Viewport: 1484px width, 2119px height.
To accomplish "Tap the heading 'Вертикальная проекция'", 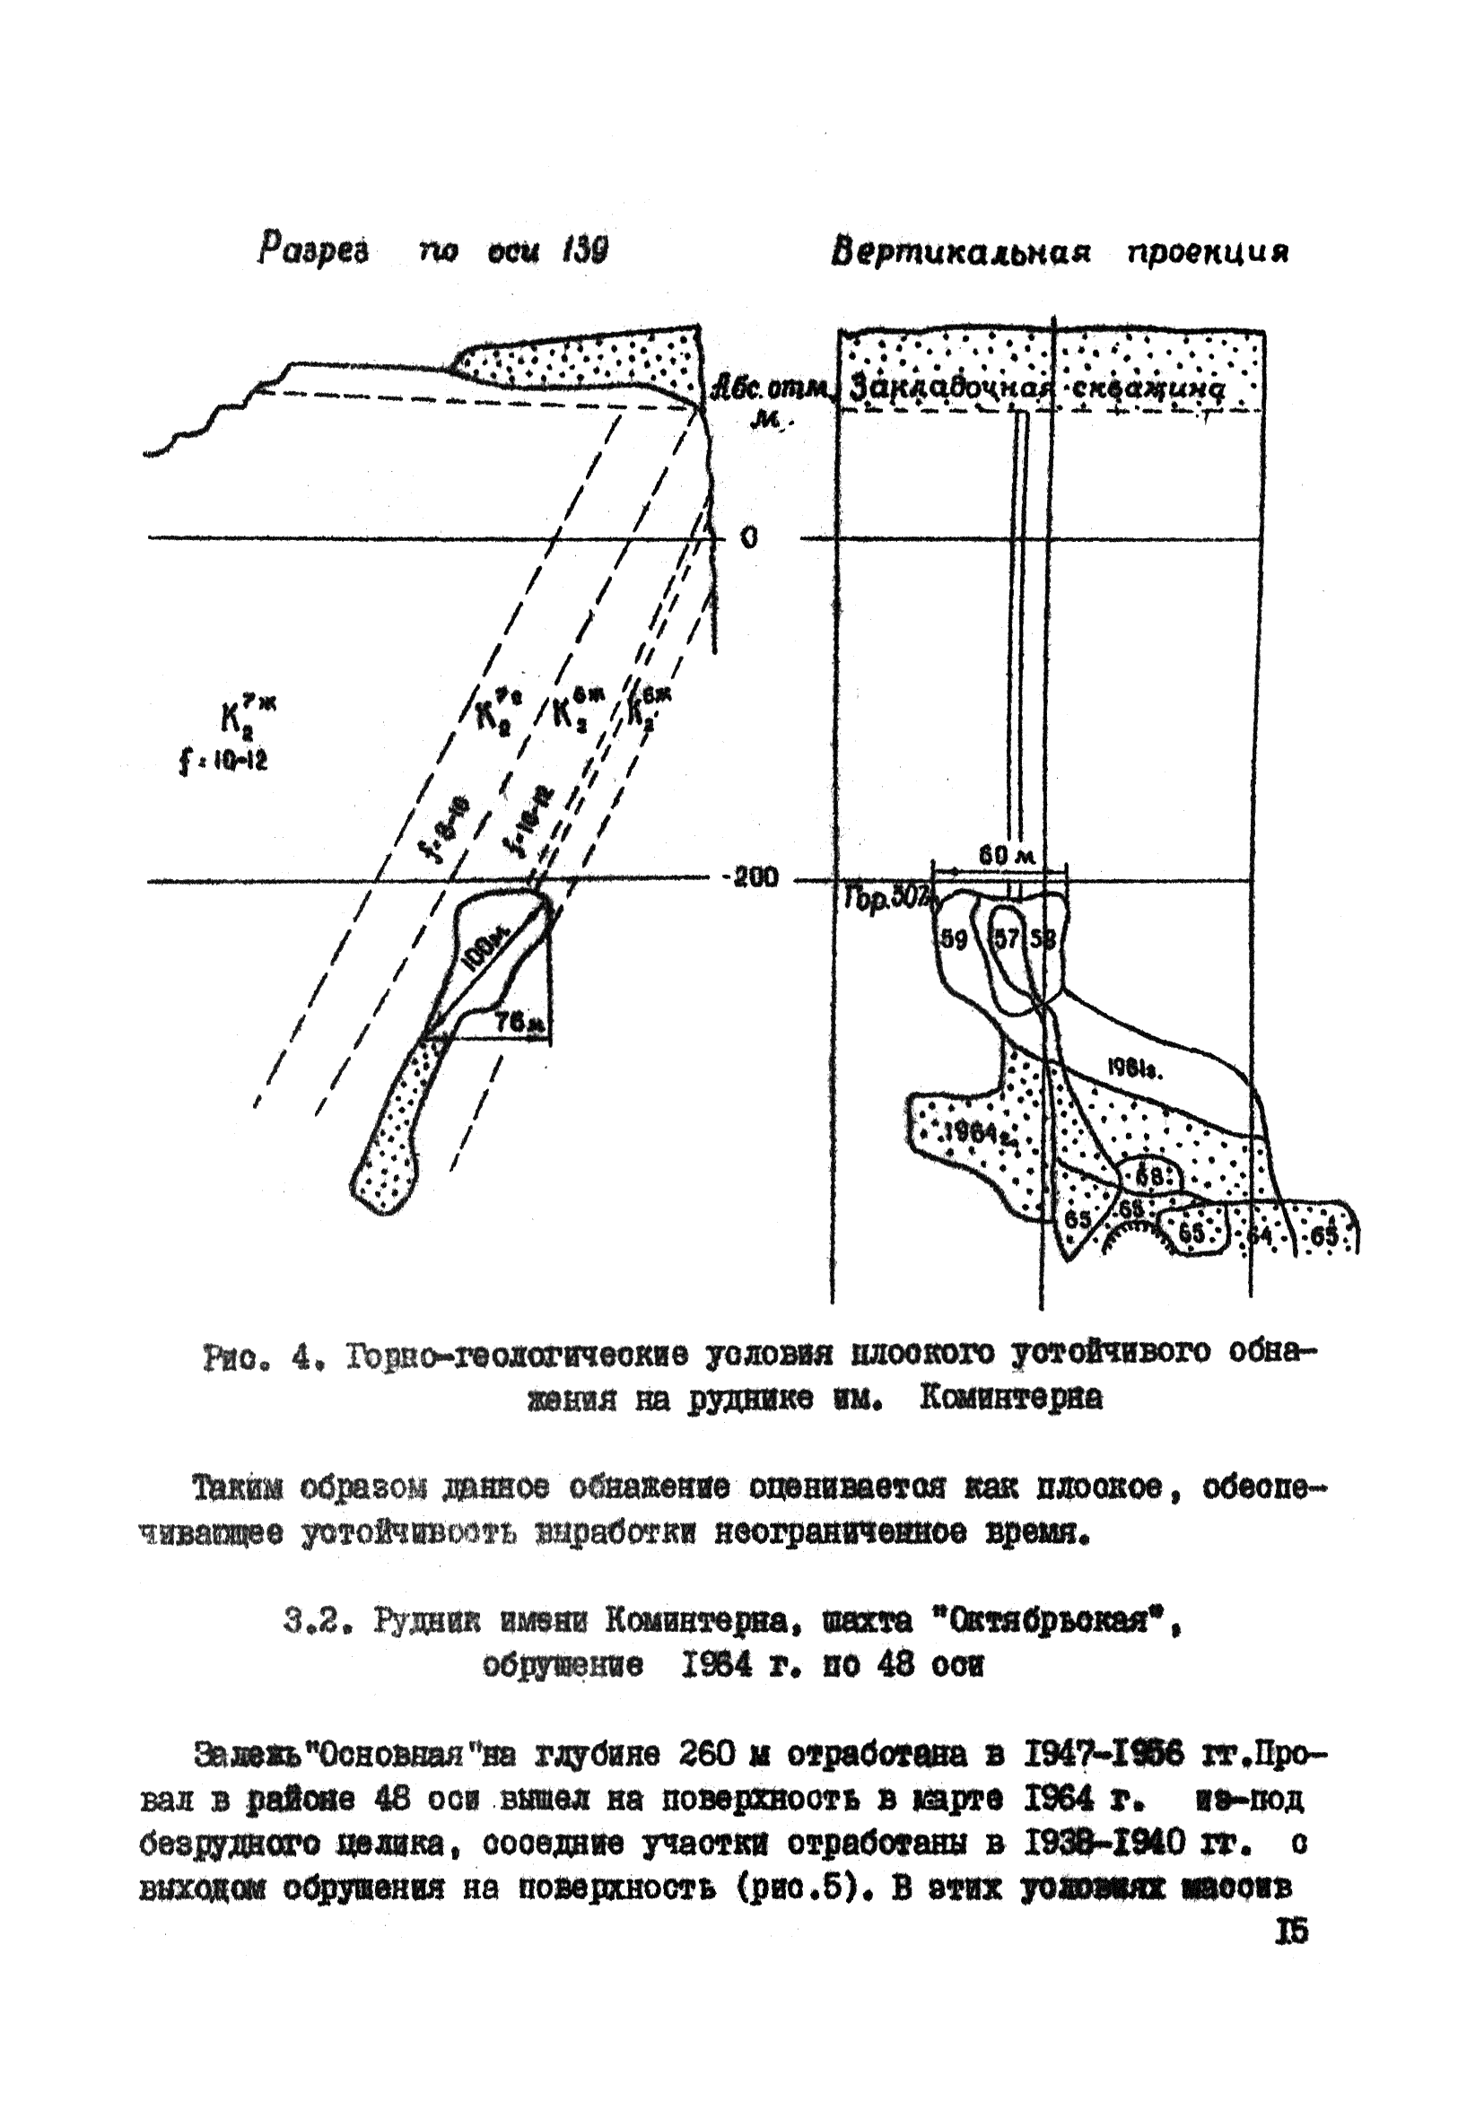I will [x=1059, y=252].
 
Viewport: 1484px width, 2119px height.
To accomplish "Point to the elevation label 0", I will [x=749, y=538].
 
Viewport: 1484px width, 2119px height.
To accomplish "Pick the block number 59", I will [x=954, y=940].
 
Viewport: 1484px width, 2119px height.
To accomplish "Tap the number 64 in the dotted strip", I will [x=1259, y=1234].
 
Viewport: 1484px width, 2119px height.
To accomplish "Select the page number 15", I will [x=1291, y=1932].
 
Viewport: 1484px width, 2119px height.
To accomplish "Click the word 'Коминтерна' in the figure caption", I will [x=1010, y=1400].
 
